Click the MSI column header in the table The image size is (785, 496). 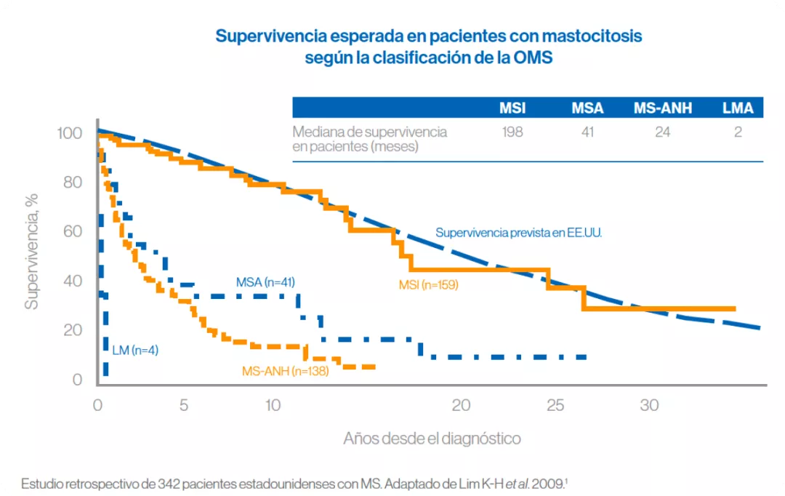click(x=512, y=108)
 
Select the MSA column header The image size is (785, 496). click(x=587, y=108)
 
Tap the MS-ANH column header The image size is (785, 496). click(x=663, y=108)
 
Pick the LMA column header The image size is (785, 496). click(x=738, y=108)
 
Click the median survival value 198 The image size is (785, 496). click(x=512, y=132)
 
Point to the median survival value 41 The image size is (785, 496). click(x=587, y=132)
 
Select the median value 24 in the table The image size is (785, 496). click(x=663, y=132)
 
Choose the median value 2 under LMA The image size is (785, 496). click(x=738, y=132)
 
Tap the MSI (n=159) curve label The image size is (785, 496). click(x=428, y=284)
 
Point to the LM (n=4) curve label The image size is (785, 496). click(x=135, y=351)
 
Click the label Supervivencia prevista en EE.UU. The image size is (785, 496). click(x=519, y=233)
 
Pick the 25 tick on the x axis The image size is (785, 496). click(x=555, y=406)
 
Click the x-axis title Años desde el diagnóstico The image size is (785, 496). click(x=432, y=439)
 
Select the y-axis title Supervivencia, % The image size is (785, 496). click(x=31, y=255)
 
